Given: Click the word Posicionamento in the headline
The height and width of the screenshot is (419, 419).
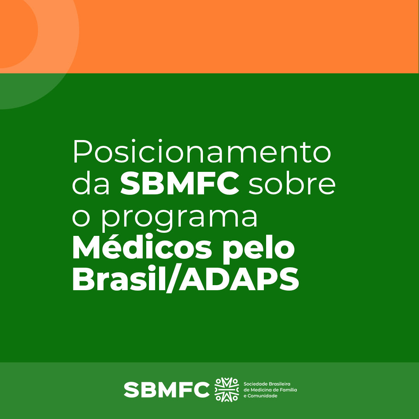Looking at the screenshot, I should click(202, 152).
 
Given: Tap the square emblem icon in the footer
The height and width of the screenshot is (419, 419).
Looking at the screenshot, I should click(227, 390).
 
